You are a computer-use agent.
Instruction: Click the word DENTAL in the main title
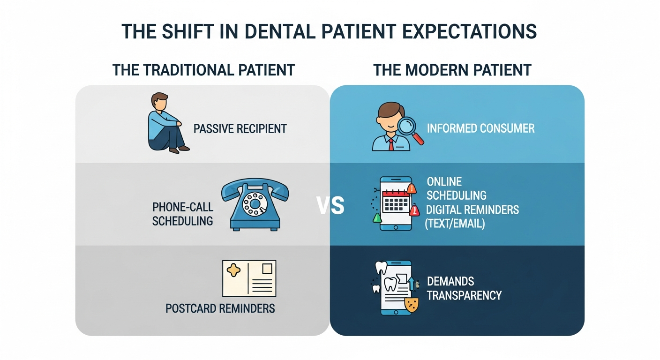coord(280,31)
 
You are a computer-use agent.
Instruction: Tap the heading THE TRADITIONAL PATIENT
coord(203,70)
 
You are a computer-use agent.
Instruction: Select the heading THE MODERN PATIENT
coord(452,70)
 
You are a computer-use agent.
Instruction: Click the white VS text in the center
coord(330,205)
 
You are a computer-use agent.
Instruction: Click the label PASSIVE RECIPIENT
coord(240,129)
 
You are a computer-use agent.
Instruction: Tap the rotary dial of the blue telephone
coord(255,204)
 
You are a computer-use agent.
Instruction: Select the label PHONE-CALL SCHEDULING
coord(183,214)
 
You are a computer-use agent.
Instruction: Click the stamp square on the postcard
coord(267,269)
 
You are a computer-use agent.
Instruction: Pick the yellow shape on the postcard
coord(233,270)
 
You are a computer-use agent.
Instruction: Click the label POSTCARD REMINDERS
coord(220,308)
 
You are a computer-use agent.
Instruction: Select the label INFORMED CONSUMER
coord(480,128)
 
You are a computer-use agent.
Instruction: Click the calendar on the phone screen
coord(396,201)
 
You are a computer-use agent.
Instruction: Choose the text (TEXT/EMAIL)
coord(455,224)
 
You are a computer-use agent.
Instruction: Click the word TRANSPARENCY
coord(464,295)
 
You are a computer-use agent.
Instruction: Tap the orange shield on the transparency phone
coord(412,305)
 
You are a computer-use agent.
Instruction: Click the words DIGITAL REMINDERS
coord(472,210)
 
